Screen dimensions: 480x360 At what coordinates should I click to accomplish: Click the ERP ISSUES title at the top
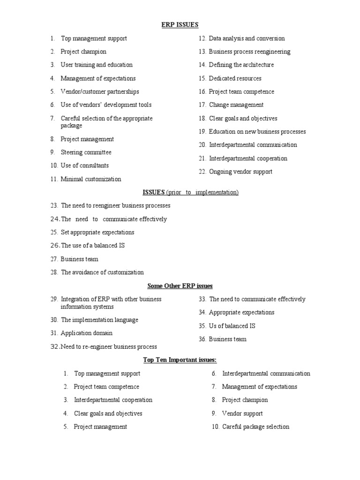coord(180,25)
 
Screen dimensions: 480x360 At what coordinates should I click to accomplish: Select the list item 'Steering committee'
coord(86,152)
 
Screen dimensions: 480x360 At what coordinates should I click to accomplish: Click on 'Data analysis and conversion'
coord(247,38)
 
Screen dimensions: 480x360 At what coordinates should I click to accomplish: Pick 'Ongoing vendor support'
coord(240,172)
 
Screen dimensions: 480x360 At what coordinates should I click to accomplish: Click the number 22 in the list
coord(202,172)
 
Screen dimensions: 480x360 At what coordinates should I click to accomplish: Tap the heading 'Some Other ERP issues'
coord(180,286)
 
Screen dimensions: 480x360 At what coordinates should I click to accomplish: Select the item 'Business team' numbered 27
coord(79,259)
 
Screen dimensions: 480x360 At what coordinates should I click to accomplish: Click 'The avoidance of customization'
coord(102,272)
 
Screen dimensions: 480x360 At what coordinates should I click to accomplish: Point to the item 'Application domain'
coord(86,333)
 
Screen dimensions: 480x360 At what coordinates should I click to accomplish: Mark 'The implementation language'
coord(99,320)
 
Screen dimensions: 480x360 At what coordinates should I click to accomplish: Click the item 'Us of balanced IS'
coord(232,326)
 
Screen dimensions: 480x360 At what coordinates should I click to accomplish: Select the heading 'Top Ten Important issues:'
coord(180,360)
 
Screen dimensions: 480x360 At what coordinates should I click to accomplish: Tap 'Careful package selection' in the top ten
coord(255,427)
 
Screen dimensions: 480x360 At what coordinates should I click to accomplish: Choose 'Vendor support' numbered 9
coord(242,413)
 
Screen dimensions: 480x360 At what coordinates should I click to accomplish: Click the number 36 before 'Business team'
coord(202,339)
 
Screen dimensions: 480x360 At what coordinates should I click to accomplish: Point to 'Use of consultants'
coord(84,165)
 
